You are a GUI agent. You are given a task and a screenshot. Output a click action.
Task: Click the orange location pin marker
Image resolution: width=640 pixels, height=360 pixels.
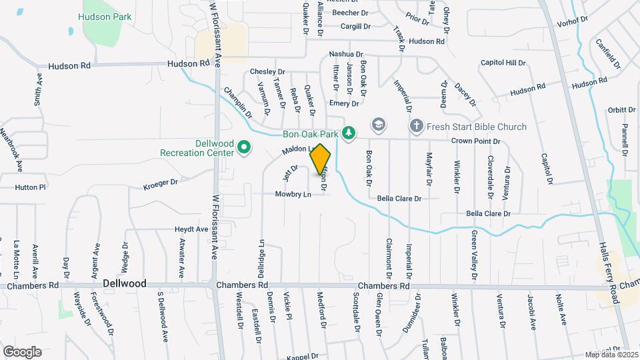321,159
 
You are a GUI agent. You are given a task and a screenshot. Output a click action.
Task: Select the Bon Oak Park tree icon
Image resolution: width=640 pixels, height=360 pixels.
347,133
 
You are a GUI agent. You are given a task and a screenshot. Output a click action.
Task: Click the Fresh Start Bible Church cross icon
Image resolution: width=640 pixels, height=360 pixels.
417,126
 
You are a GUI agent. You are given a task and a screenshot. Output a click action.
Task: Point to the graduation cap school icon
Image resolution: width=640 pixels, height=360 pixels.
379,125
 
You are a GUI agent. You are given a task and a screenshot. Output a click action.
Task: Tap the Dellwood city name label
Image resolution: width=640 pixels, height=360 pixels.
125,283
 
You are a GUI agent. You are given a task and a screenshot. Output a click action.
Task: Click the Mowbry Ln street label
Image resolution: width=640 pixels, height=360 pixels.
293,195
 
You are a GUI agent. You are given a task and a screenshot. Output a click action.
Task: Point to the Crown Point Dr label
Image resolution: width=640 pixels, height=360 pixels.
475,141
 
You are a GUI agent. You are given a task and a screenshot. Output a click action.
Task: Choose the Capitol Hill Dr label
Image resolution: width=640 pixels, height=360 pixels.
503,63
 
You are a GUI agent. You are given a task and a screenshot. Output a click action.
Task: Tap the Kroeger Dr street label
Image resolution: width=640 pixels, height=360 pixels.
161,183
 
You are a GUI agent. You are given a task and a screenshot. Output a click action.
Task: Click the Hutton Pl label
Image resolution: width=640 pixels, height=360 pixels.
30,187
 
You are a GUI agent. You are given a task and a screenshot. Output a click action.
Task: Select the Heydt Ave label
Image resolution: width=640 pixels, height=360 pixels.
191,229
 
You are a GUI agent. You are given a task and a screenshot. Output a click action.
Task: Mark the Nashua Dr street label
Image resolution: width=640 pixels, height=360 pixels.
345,54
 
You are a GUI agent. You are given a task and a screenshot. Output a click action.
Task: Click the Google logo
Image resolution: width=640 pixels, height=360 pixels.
22,351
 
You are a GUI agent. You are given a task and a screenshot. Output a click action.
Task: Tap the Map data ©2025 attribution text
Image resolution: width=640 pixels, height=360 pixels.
611,355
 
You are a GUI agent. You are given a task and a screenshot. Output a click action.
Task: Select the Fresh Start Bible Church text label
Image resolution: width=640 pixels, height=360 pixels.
477,127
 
